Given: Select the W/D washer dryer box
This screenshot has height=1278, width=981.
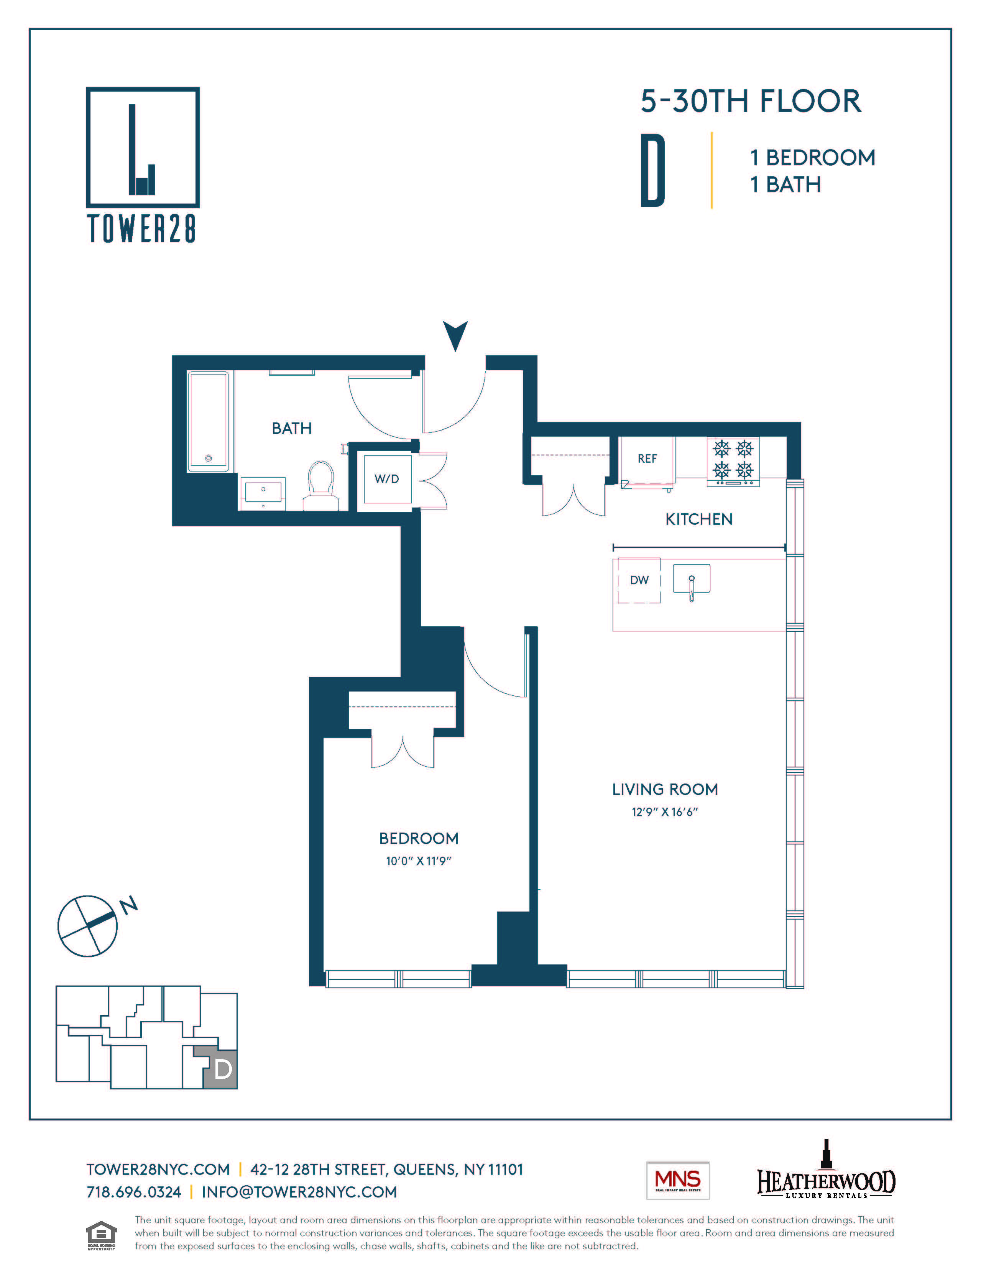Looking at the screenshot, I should click(x=386, y=479).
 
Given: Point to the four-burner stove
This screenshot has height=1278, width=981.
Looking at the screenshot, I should click(x=733, y=461).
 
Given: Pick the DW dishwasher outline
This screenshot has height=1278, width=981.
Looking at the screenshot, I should click(x=639, y=580).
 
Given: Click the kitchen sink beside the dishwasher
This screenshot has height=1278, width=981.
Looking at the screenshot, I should click(x=691, y=580).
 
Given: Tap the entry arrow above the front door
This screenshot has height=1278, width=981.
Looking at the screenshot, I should click(x=455, y=335).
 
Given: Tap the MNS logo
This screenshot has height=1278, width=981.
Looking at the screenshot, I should click(x=677, y=1180).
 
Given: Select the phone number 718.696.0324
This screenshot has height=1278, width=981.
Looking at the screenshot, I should click(x=134, y=1192).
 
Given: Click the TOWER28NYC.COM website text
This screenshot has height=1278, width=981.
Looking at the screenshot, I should click(x=158, y=1170).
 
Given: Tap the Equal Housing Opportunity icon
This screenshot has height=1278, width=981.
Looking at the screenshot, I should click(x=101, y=1234).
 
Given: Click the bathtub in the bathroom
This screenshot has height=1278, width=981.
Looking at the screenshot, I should click(x=208, y=421).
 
